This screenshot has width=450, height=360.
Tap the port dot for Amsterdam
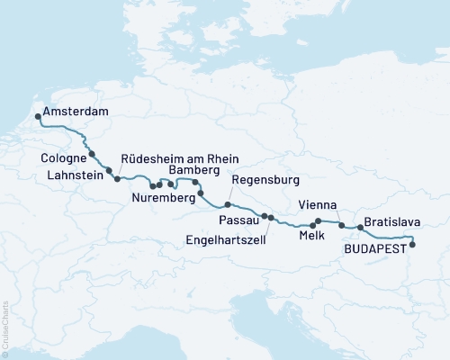click(37, 115)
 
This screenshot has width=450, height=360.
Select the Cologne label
click(63, 158)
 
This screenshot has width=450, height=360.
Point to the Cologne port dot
click(92, 154)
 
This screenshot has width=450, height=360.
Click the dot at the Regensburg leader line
click(228, 205)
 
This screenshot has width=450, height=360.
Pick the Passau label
click(238, 220)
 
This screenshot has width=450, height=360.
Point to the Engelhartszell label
click(225, 240)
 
